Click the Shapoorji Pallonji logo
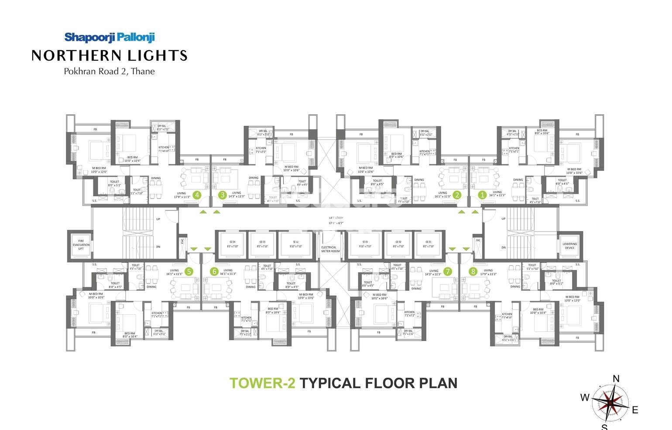click(110, 38)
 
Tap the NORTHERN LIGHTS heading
click(110, 55)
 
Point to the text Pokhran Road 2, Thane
click(109, 71)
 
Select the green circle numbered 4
click(197, 195)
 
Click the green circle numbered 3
click(223, 195)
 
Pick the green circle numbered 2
click(457, 195)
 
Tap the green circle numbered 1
click(482, 195)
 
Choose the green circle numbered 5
click(189, 271)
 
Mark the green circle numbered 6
click(214, 271)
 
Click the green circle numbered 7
click(447, 271)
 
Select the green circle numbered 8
click(473, 271)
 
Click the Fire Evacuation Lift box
click(81, 245)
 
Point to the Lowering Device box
click(569, 246)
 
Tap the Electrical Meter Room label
click(330, 249)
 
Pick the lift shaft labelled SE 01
click(363, 244)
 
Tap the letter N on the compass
click(616, 379)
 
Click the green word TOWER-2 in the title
click(262, 383)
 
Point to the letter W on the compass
click(585, 397)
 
